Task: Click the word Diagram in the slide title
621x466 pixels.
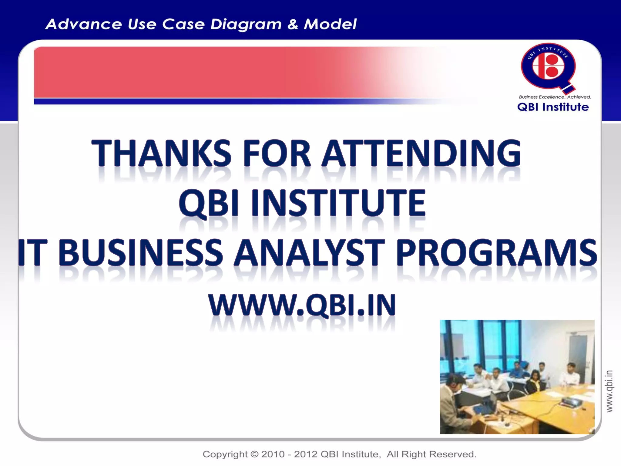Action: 246,24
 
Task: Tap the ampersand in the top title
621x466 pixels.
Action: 293,24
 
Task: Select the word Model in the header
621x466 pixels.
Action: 330,24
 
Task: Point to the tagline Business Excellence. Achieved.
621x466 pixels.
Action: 555,97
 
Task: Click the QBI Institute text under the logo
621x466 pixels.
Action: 553,107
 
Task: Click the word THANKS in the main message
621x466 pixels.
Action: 161,153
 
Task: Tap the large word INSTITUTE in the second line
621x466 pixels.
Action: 338,203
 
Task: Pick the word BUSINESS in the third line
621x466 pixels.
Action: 140,252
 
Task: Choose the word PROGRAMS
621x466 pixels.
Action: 496,252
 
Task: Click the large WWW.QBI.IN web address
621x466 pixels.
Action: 302,305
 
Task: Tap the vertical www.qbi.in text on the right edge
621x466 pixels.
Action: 609,391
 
